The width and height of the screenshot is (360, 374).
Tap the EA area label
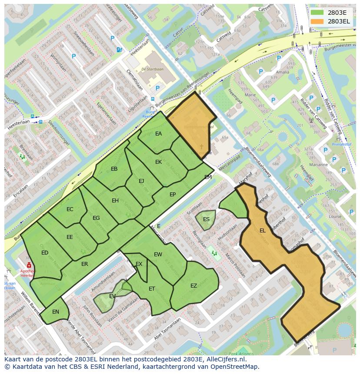coord(158,134)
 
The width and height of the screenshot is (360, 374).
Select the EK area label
coord(158,162)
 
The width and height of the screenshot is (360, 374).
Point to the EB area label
coord(114,169)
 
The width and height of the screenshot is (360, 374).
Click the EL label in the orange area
coord(262,231)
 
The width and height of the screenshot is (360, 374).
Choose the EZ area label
coord(193,286)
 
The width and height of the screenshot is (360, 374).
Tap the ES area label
coord(206,219)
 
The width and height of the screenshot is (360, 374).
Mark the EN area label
coord(56,312)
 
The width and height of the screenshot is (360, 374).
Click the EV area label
coord(112,296)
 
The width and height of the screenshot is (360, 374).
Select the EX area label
coord(139,264)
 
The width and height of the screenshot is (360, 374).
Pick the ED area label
coord(45,253)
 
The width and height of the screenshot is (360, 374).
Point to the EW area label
coord(158,255)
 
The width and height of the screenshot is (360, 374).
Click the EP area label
coord(173,195)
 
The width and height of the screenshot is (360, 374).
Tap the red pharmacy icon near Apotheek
coord(29,265)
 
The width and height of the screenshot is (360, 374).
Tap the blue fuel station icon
coord(120,50)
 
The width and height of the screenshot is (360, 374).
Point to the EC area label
coord(70,209)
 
